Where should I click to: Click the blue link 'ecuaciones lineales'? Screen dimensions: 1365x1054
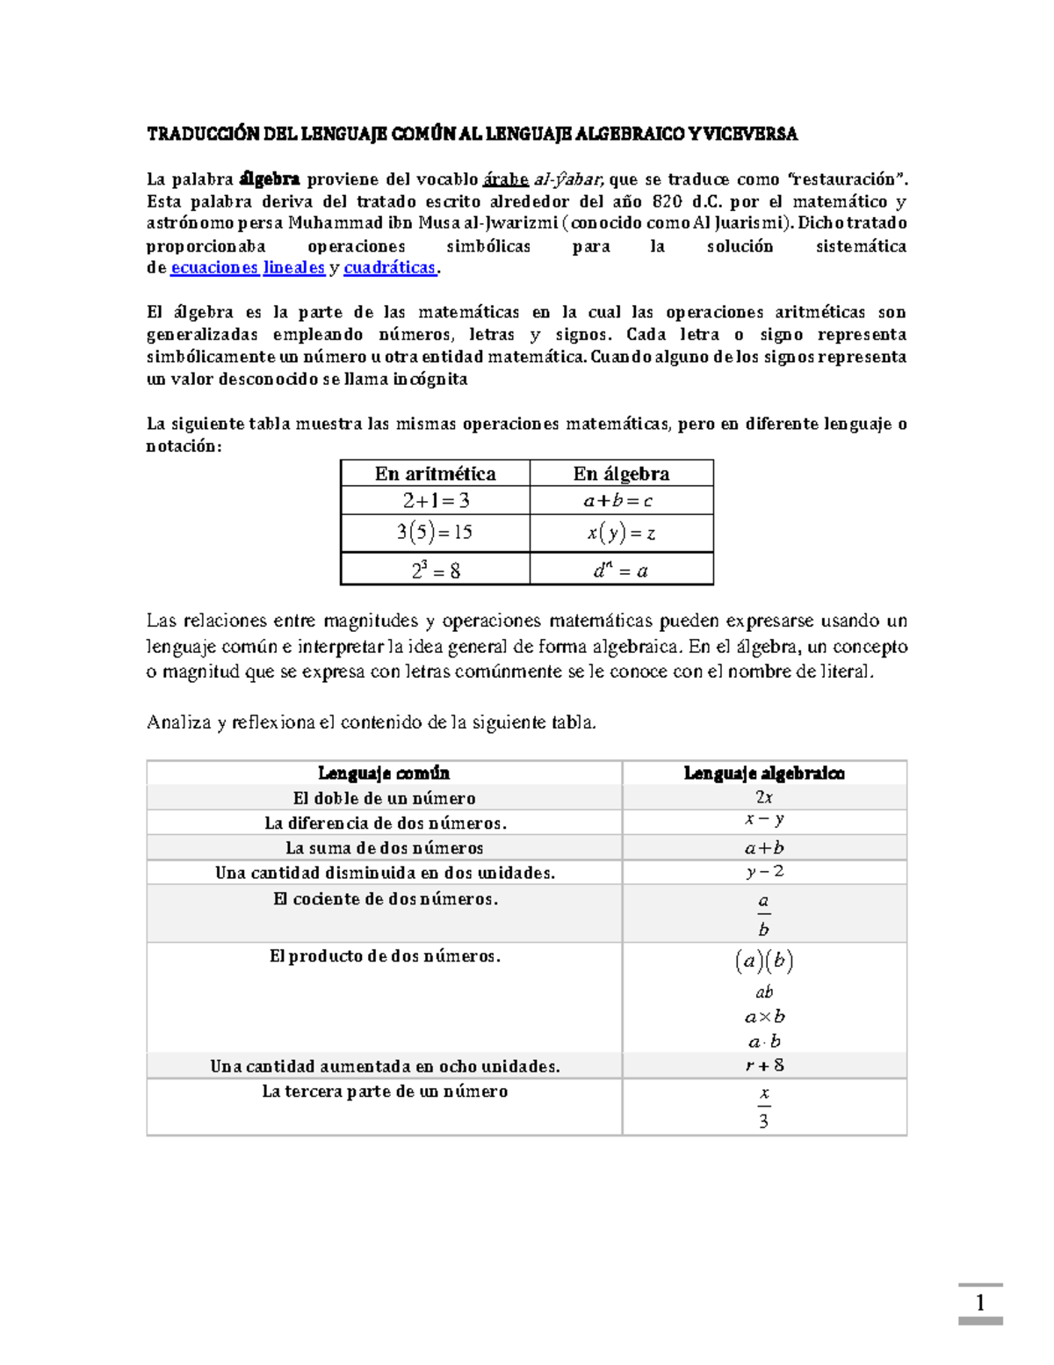pos(248,268)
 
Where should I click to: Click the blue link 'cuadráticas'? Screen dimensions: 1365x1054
pos(390,268)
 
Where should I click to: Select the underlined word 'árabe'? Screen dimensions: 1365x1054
pos(506,179)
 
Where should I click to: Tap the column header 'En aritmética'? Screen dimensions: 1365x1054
pos(435,474)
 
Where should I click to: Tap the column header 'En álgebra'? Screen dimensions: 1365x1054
pos(621,474)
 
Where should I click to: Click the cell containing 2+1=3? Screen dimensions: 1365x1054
pos(436,501)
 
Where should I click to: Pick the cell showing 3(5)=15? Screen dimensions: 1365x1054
pos(435,533)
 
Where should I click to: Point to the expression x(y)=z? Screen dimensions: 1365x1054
pos(621,533)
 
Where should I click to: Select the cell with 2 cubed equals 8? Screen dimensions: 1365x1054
pos(436,570)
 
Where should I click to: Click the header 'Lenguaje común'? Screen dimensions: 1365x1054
pos(384,773)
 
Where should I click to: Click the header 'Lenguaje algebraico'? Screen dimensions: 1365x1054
pos(764,773)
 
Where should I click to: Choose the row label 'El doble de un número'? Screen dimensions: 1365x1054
pos(384,798)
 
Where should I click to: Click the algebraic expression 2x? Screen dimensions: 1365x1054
pos(764,797)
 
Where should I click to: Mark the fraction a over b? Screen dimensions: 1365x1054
pos(763,915)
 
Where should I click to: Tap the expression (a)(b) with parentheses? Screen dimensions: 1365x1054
pos(764,961)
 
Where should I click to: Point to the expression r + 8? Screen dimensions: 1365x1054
pos(764,1065)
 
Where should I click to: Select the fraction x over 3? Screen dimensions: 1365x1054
pos(763,1107)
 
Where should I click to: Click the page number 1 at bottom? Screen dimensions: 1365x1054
pos(979,1303)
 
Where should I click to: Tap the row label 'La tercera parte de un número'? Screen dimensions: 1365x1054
pos(385,1092)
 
